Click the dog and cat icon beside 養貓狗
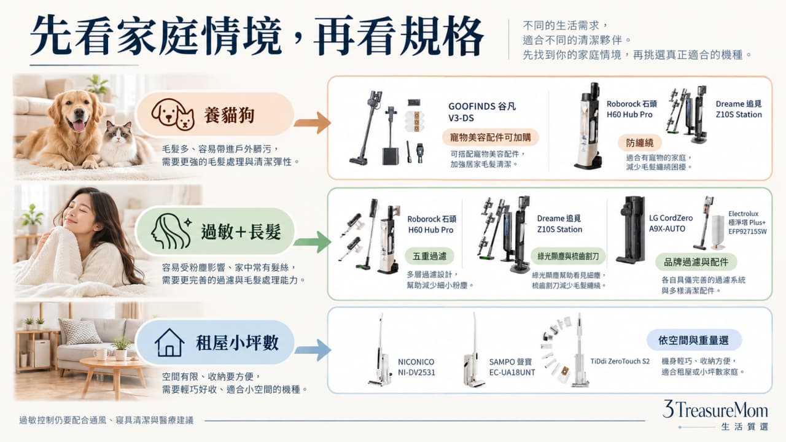[x=173, y=114]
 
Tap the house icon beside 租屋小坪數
[x=169, y=343]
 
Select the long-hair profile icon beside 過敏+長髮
[x=171, y=231]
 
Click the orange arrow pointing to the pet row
[x=313, y=123]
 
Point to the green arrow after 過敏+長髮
[x=313, y=242]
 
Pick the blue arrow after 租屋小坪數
[x=313, y=350]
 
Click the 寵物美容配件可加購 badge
[x=490, y=138]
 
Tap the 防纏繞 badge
[x=640, y=143]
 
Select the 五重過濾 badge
[x=429, y=257]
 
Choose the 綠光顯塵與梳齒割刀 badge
[x=568, y=257]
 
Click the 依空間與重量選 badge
[x=694, y=340]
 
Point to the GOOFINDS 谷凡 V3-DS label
[x=482, y=112]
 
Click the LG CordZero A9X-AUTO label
[x=671, y=223]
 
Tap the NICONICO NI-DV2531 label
[x=416, y=367]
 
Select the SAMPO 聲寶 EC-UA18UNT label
[x=512, y=367]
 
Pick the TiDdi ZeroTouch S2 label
[x=620, y=362]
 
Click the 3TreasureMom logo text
[x=715, y=410]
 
